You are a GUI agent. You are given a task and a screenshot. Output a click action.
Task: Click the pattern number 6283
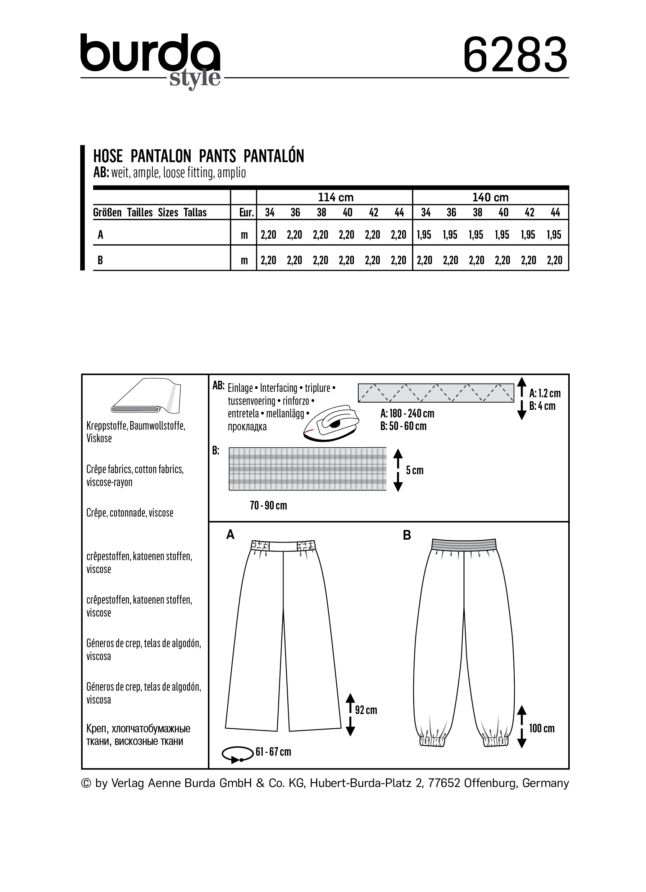[515, 55]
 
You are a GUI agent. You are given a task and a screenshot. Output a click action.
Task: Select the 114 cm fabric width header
[335, 197]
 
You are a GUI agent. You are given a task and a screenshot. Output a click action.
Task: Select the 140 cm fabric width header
[490, 197]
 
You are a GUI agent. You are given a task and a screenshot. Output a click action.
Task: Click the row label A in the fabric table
[101, 235]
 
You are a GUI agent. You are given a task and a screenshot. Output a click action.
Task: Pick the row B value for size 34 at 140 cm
[424, 260]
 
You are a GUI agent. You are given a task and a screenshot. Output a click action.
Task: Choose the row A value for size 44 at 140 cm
[554, 235]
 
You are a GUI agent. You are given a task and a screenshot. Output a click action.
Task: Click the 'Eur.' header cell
[246, 213]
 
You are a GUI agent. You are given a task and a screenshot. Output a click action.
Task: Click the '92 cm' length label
[366, 710]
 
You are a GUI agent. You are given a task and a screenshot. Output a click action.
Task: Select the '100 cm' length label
[541, 728]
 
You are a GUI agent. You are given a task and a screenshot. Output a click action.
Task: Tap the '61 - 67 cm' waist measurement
[273, 751]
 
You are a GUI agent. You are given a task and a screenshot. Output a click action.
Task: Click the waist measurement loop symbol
[237, 754]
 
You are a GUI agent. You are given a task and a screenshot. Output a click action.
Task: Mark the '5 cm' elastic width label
[415, 470]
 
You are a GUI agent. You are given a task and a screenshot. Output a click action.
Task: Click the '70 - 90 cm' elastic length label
[268, 506]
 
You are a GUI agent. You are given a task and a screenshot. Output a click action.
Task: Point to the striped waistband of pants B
[464, 544]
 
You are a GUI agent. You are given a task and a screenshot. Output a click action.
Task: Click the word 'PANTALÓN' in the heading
[274, 156]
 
